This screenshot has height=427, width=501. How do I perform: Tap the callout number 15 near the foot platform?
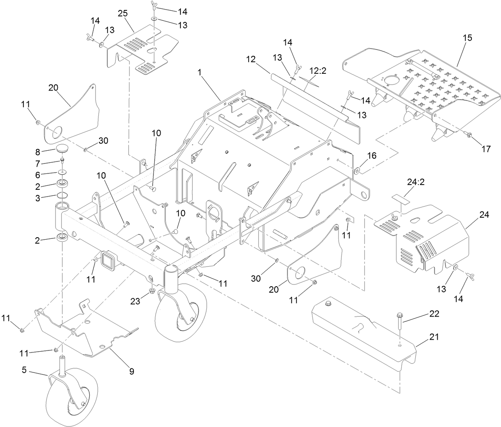(467, 38)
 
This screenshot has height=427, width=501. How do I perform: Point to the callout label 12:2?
(318, 71)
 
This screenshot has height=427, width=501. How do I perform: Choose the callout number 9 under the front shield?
(131, 372)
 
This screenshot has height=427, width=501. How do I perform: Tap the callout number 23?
(136, 301)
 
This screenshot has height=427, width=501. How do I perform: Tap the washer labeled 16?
(358, 171)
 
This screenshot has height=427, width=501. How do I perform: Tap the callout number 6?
(38, 174)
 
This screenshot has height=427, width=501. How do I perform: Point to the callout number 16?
(371, 155)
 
